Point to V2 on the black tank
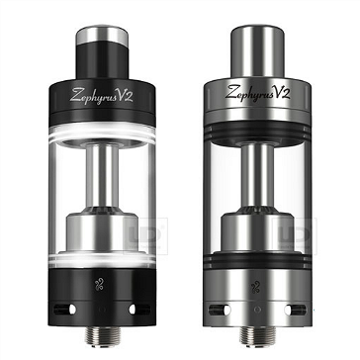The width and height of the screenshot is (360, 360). coord(128,95)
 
